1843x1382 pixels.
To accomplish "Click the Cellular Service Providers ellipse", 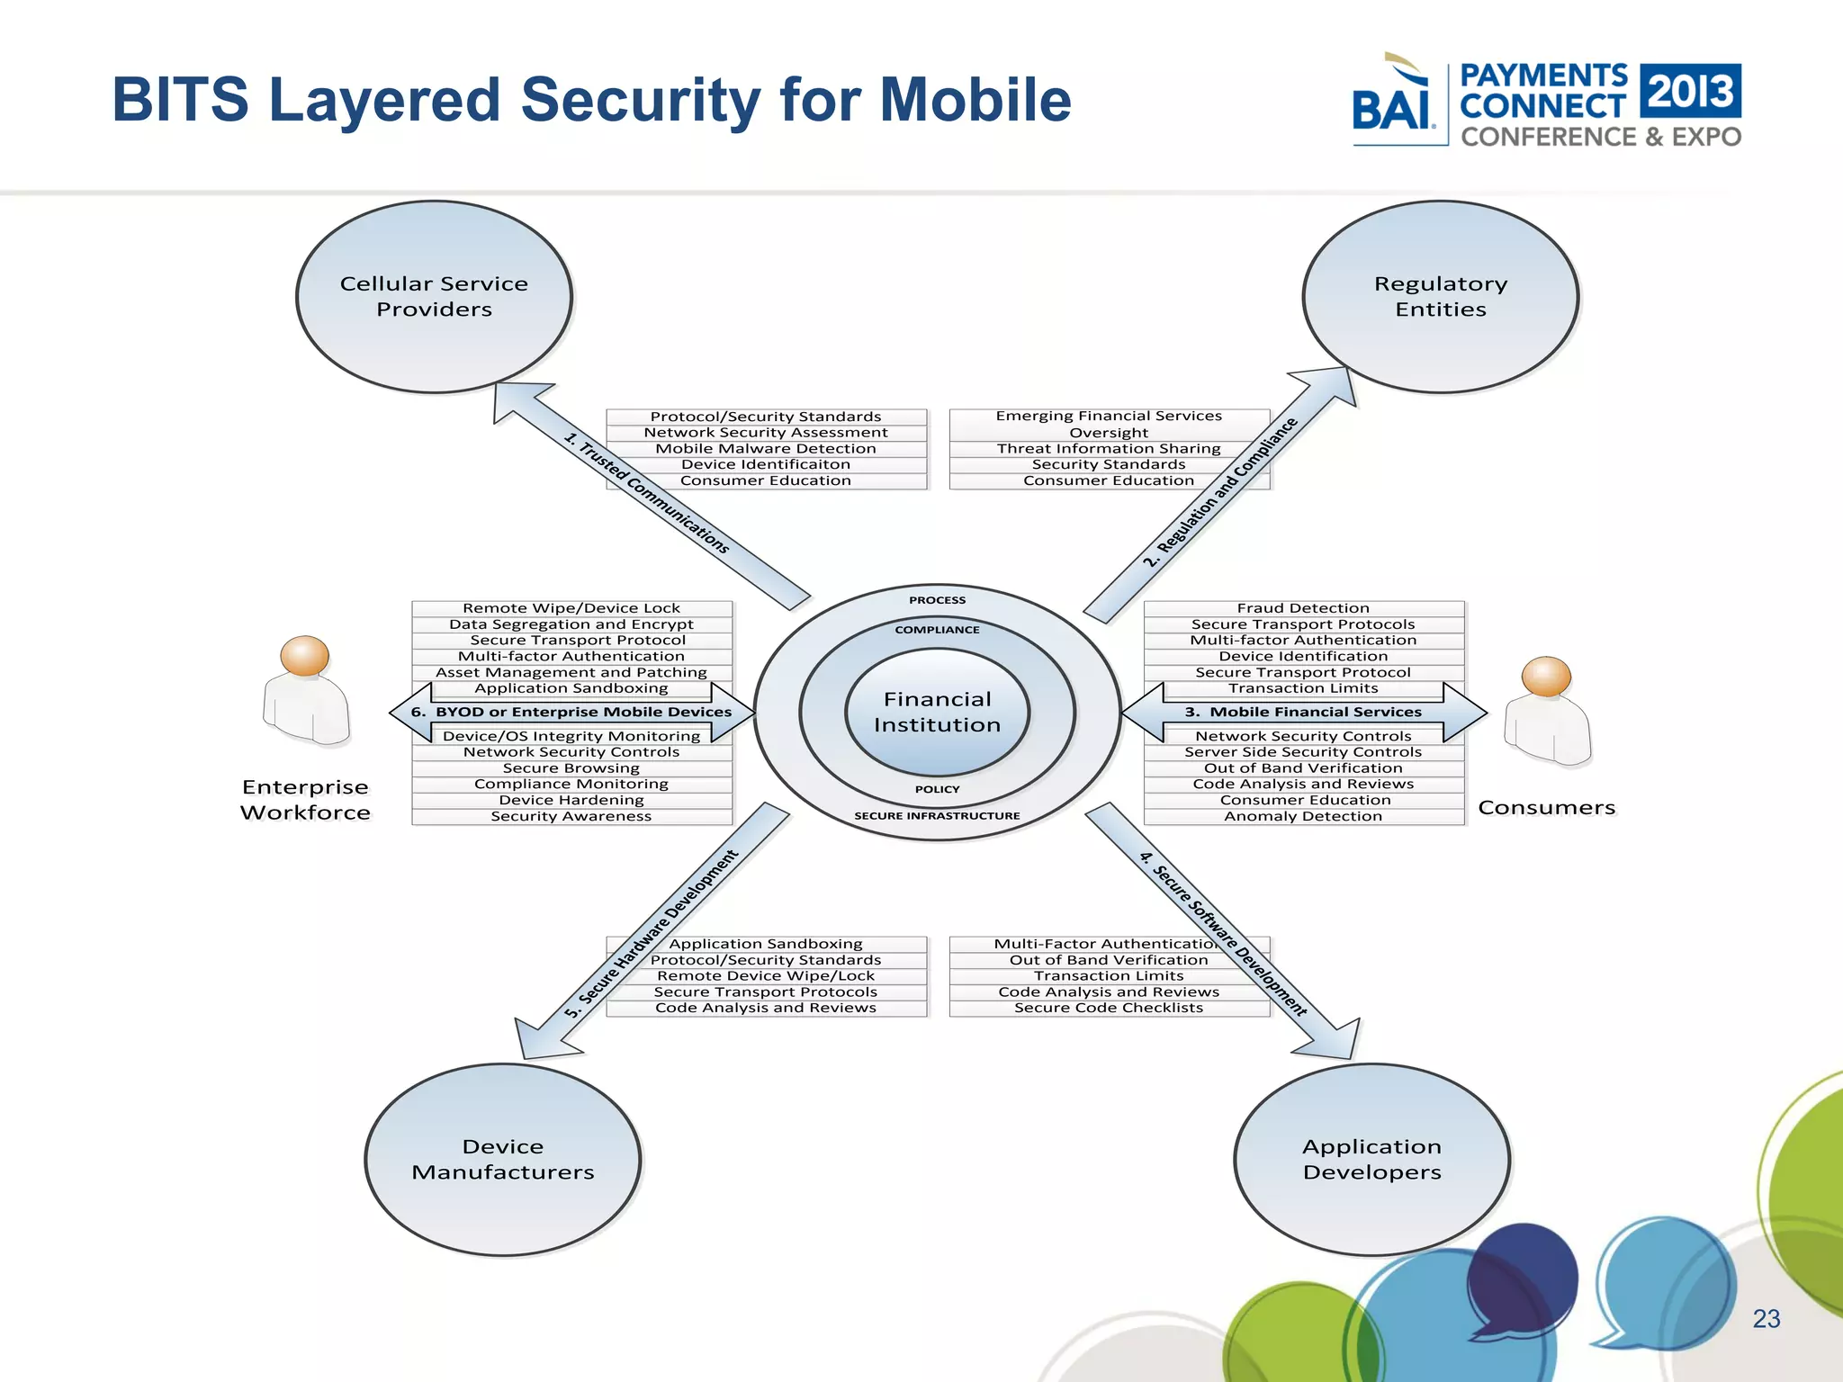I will tap(434, 297).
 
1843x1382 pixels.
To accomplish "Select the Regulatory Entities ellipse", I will tap(1440, 297).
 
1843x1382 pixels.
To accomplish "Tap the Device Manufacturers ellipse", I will tap(502, 1160).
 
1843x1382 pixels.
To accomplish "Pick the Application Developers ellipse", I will tap(1371, 1160).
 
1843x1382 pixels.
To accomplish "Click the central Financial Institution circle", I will tap(937, 712).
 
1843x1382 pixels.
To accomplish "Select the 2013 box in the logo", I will tap(1691, 91).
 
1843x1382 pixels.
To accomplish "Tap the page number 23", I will tap(1767, 1319).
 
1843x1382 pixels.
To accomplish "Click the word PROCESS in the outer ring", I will tap(937, 600).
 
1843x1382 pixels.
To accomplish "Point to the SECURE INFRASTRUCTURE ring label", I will tap(937, 816).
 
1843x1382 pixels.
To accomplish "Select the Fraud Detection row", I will tap(1303, 608).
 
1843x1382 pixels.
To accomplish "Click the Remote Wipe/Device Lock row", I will tap(571, 608).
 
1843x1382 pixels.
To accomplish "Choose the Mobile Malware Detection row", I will tap(766, 448).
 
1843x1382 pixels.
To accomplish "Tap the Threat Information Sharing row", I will tap(1109, 448).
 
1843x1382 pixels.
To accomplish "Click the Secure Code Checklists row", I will tap(1109, 1008).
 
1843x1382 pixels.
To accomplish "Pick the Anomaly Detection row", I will tap(1303, 816).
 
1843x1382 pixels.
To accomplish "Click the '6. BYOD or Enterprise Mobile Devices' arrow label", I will tap(571, 712).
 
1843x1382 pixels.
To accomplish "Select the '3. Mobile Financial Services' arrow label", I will tap(1303, 712).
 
